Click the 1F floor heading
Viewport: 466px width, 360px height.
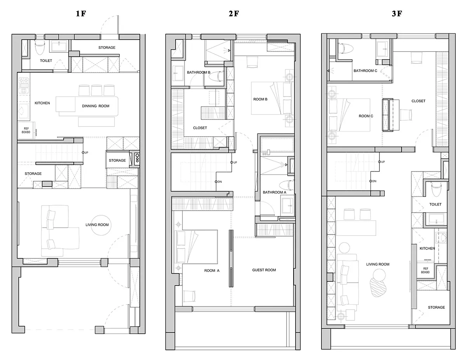coord(81,14)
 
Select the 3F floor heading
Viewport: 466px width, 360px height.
coord(397,14)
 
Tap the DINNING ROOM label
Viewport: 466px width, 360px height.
coord(96,106)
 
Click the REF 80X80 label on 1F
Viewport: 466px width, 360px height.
coord(26,130)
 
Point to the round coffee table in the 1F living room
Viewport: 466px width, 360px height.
coord(101,225)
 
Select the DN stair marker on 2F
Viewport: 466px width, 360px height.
coord(218,182)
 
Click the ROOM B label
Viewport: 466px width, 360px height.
coord(260,99)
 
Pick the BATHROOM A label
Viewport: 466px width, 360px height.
coord(275,192)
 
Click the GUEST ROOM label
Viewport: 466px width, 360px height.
coord(264,270)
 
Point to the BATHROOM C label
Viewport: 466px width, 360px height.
coord(365,71)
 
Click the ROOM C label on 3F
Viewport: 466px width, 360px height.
coord(366,116)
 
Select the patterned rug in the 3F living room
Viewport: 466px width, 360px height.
coord(378,287)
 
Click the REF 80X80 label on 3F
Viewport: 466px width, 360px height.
coord(425,270)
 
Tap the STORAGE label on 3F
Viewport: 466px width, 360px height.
coord(436,308)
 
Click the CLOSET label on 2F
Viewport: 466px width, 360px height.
coord(200,128)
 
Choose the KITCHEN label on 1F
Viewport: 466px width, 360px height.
coord(42,103)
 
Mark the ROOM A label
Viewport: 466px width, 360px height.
coord(212,271)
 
